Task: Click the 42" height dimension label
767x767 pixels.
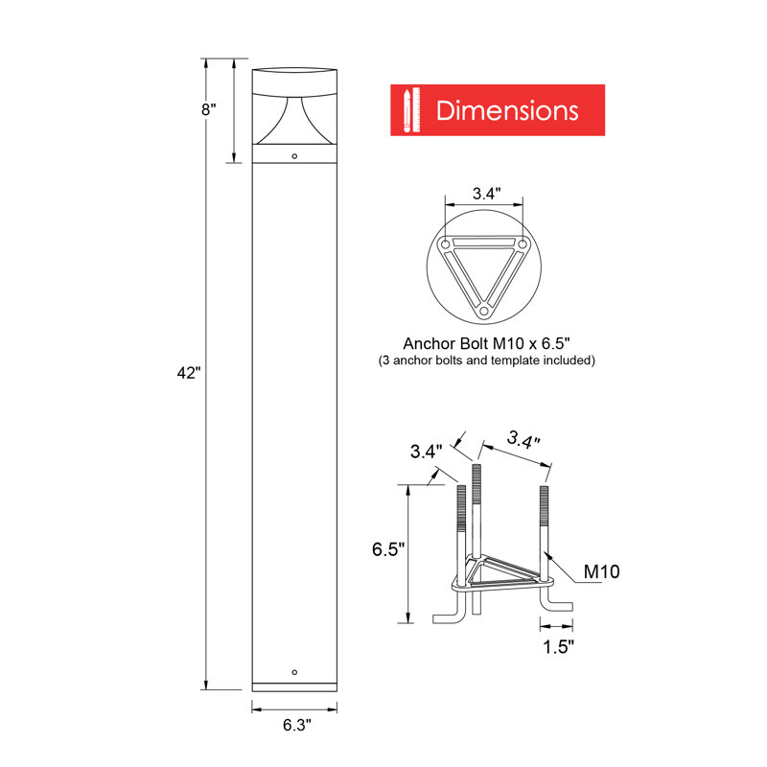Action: (x=187, y=373)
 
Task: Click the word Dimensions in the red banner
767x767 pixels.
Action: (x=507, y=110)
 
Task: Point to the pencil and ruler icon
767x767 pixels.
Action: (x=411, y=110)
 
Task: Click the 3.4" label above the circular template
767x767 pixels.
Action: (x=484, y=194)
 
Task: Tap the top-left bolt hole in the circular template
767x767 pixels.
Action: (x=447, y=245)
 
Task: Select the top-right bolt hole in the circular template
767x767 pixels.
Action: (x=523, y=245)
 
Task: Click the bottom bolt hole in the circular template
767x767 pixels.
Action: (x=484, y=311)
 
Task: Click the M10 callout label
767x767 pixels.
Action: (x=602, y=572)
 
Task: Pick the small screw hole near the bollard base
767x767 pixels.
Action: (x=294, y=671)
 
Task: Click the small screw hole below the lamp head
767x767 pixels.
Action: (x=294, y=155)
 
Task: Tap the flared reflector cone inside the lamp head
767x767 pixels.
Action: (x=294, y=120)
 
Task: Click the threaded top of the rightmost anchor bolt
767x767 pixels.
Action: (x=545, y=508)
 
